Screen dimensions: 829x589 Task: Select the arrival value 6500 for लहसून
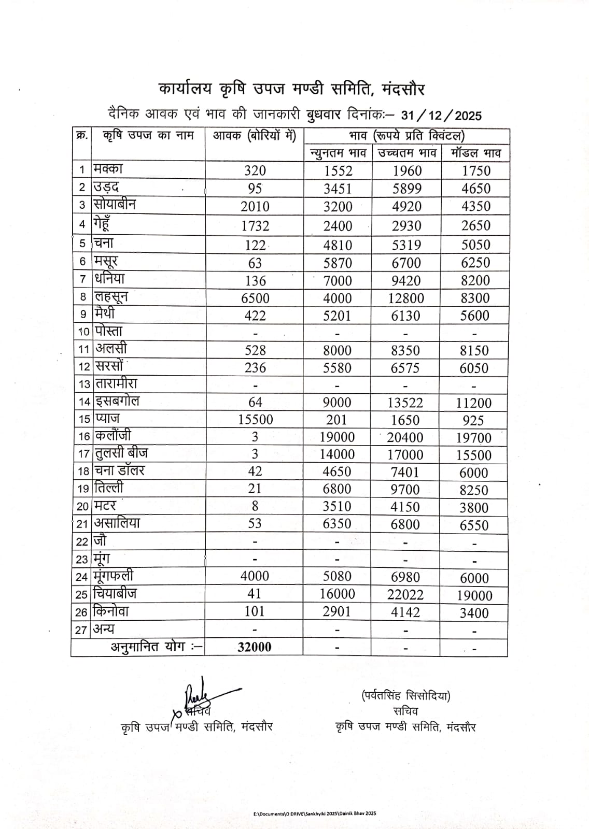[255, 298]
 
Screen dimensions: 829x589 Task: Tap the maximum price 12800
[405, 298]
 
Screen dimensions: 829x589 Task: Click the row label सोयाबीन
[115, 204]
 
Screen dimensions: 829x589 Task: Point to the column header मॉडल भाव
[475, 153]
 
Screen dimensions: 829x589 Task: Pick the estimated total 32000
[255, 647]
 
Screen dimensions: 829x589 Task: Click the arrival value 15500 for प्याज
[255, 420]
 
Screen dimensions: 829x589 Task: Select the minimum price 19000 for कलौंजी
[337, 437]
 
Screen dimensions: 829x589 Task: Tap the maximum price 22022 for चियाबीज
[405, 594]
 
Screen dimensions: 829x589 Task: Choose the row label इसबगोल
[117, 401]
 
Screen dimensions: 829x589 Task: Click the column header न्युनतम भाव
[338, 153]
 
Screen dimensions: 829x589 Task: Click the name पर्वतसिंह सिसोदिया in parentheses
[406, 696]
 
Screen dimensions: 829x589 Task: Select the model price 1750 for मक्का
[475, 171]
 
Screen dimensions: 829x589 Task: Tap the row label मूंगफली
[114, 576]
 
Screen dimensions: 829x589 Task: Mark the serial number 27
[81, 630]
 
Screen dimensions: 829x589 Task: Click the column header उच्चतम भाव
[406, 153]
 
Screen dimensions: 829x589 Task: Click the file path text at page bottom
[315, 813]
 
